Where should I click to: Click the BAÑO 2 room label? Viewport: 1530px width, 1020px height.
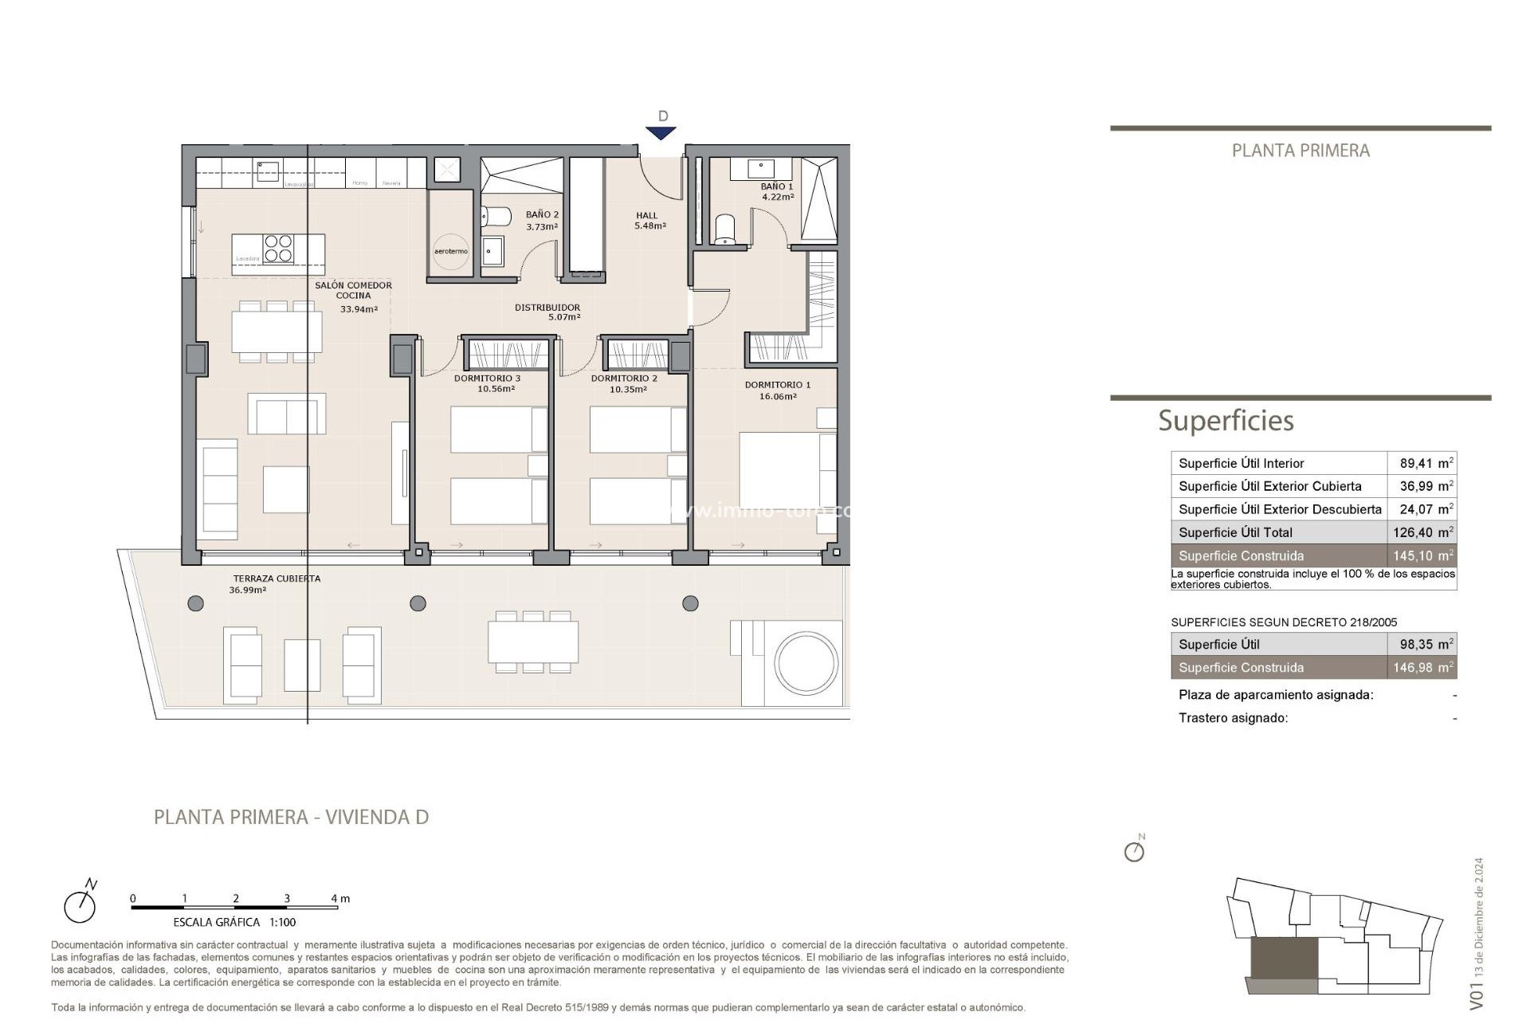click(542, 220)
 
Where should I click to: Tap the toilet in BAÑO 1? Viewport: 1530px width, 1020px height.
click(724, 229)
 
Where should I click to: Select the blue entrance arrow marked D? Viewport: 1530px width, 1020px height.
click(661, 132)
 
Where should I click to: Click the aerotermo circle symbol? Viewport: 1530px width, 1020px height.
click(451, 251)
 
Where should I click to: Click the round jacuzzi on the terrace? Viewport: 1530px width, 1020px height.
click(806, 663)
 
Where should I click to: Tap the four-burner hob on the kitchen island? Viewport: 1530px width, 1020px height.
click(278, 248)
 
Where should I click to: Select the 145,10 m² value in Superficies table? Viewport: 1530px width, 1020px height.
click(1422, 556)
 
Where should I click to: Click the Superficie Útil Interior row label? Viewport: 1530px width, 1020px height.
click(1241, 463)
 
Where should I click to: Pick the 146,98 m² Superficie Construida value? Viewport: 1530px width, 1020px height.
click(1422, 668)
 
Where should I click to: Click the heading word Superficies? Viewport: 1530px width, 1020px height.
click(1226, 421)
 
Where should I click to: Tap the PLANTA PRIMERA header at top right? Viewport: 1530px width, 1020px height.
click(1300, 151)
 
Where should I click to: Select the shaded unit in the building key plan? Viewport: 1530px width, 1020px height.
click(1284, 959)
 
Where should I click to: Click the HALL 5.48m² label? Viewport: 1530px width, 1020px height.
click(649, 220)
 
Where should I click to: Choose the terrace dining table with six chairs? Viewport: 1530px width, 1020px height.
click(533, 641)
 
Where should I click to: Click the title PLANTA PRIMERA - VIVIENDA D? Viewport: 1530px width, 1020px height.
click(291, 817)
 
